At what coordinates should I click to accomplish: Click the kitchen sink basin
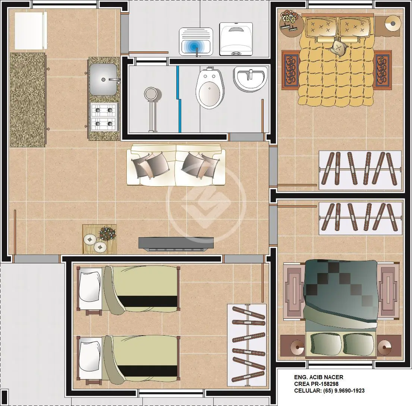coord(103,79)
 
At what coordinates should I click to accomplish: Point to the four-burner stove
coord(104,117)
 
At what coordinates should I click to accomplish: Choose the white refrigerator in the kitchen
coord(31,31)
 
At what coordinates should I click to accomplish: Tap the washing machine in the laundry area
coord(236,39)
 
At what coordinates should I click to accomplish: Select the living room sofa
coord(176,164)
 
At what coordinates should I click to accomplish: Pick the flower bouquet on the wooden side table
coord(107,233)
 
